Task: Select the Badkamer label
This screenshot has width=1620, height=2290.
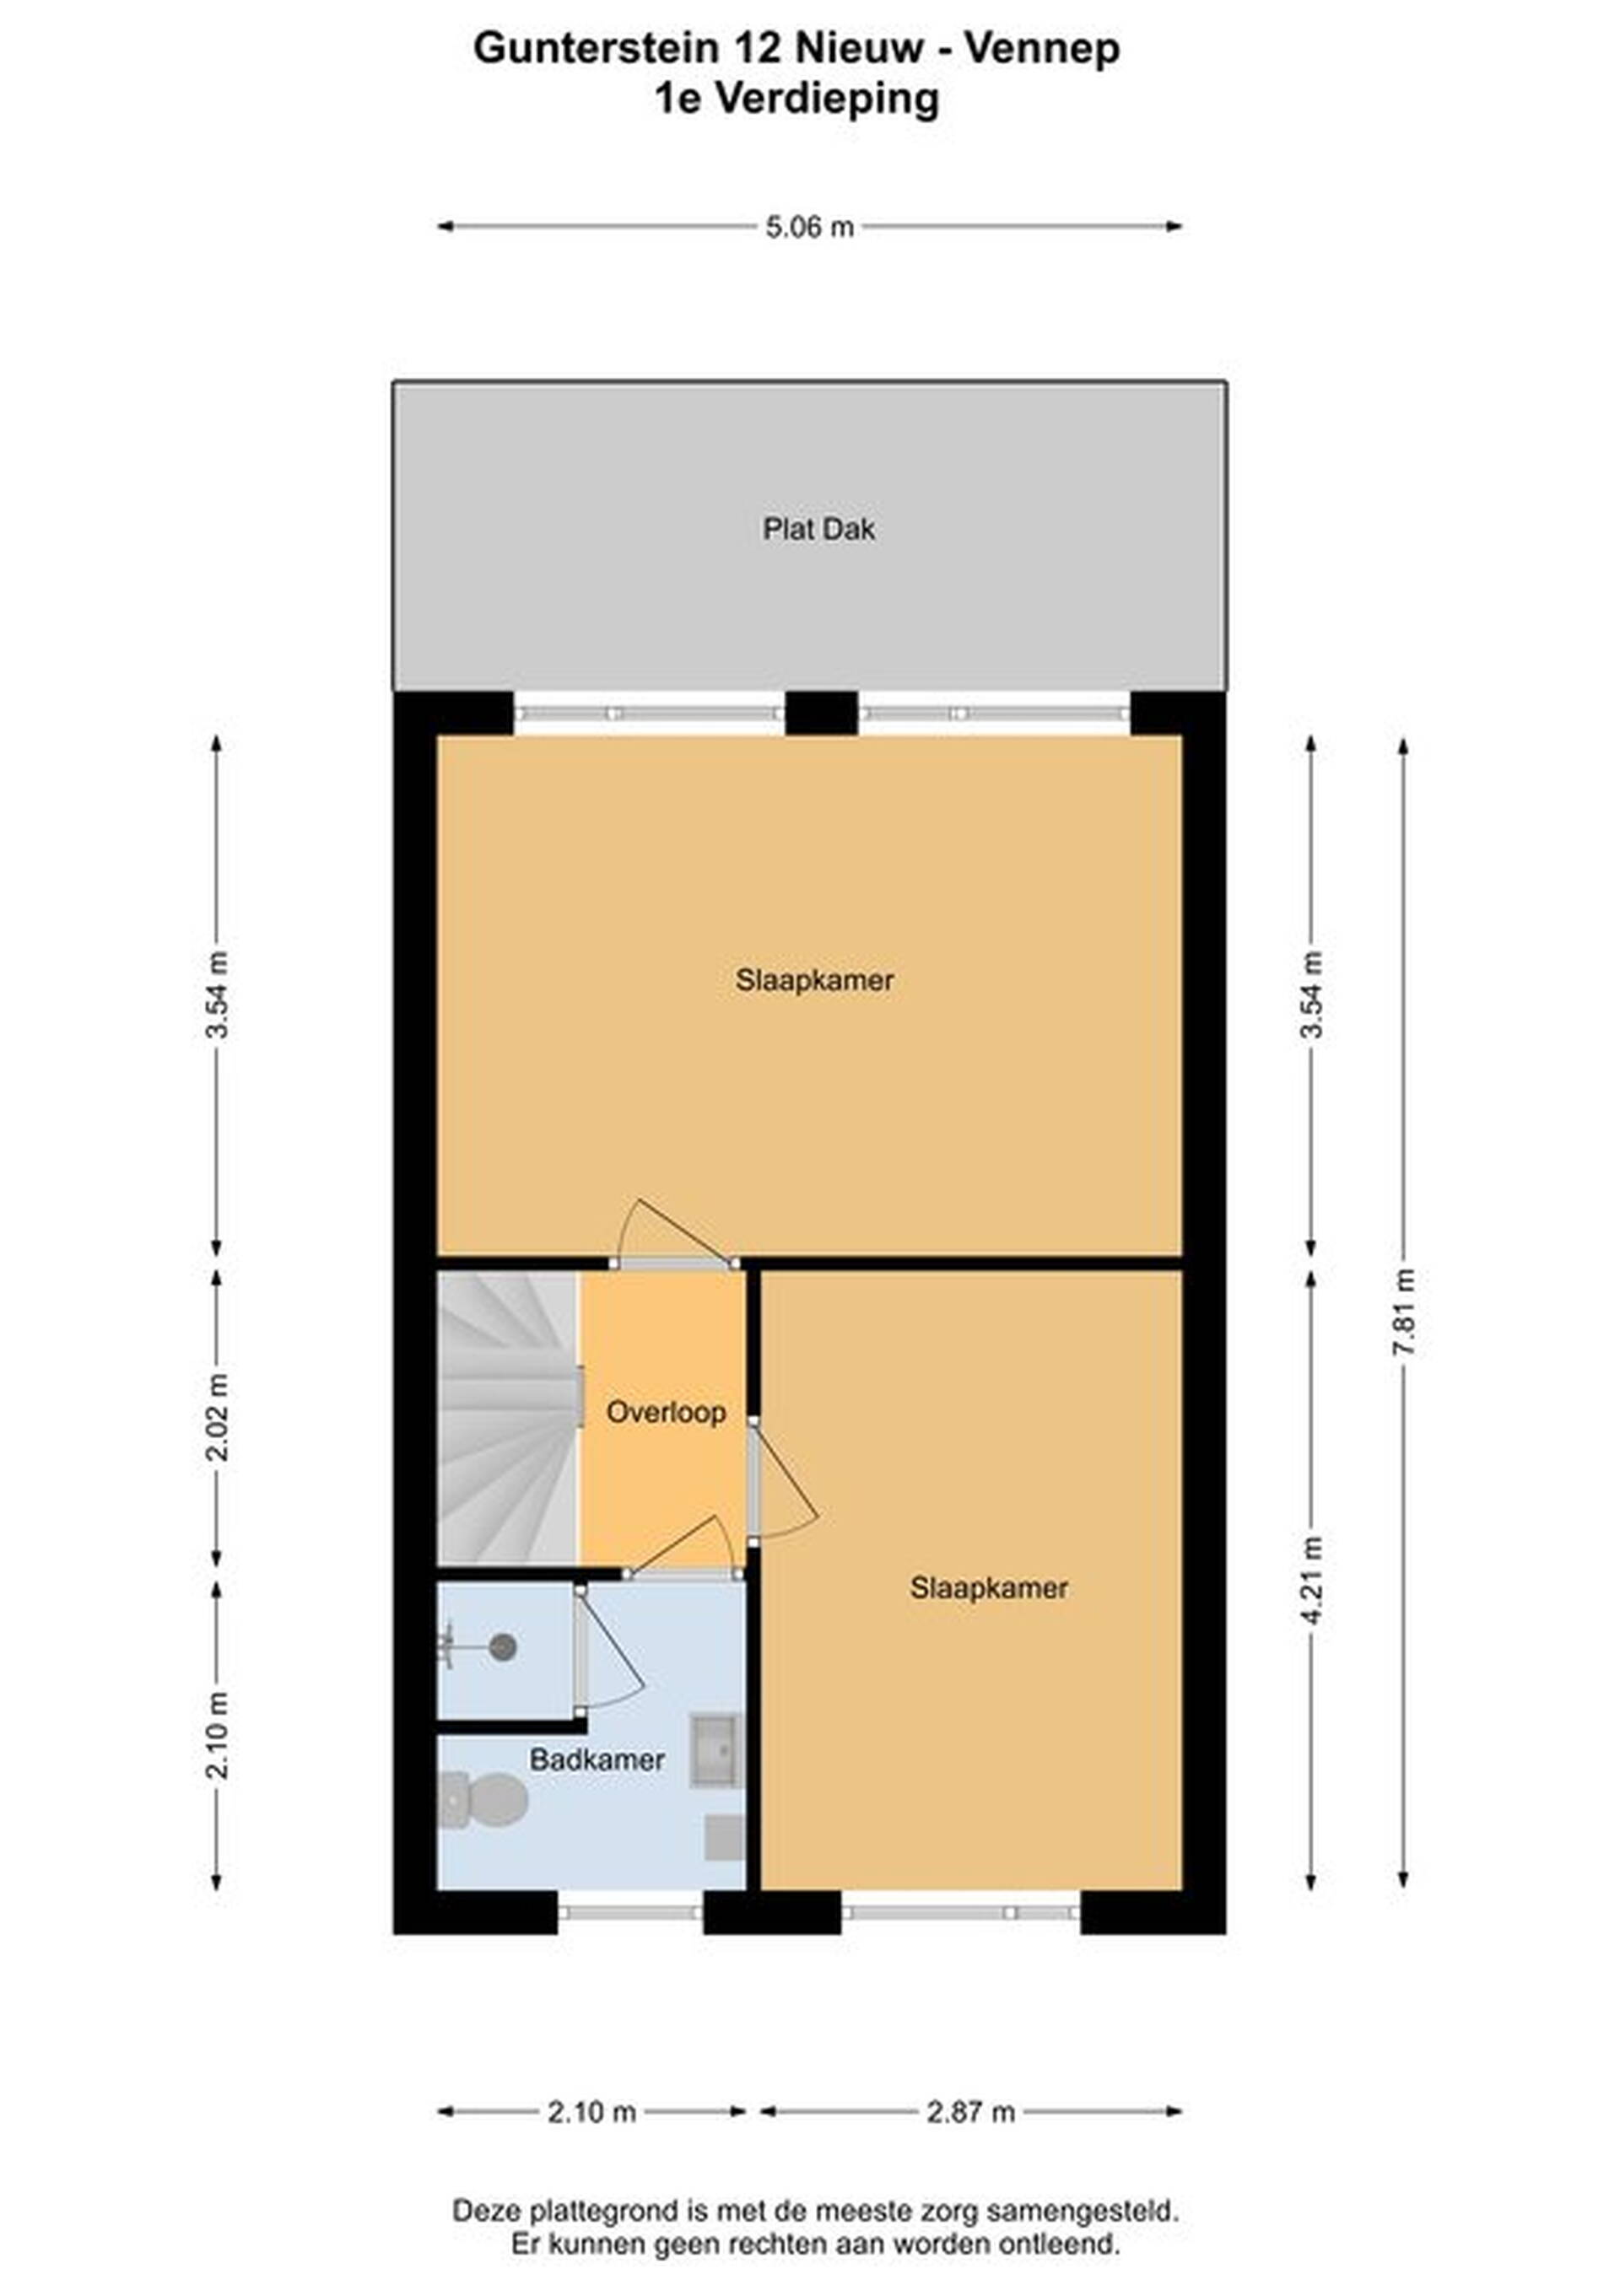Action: (x=597, y=1759)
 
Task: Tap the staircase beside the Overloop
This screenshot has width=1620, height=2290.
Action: (x=509, y=1417)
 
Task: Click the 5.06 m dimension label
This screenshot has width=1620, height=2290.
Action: (x=809, y=228)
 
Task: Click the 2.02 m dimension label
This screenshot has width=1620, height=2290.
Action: (x=217, y=1416)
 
